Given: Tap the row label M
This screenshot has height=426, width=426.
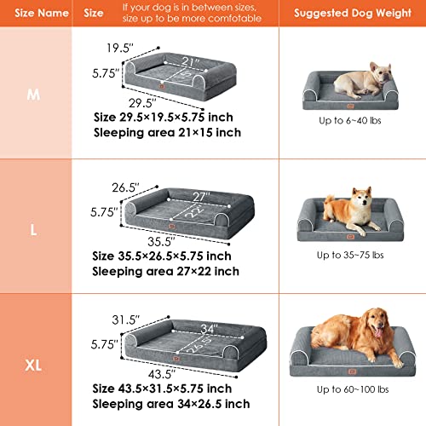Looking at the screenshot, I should tap(34, 94).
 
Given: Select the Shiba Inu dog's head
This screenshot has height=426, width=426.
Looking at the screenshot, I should tap(361, 201).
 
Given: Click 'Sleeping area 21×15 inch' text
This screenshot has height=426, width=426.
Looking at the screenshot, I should tap(168, 133).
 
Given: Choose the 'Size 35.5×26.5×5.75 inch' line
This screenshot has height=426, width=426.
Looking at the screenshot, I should tap(161, 256).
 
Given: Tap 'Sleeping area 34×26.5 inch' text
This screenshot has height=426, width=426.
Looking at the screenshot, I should tap(172, 404).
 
